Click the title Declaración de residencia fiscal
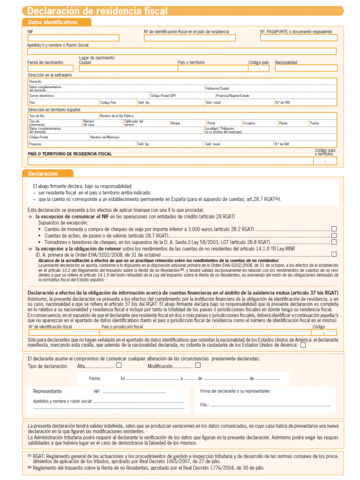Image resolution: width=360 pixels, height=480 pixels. pyautogui.click(x=97, y=11)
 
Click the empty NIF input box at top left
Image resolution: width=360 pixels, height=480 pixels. pyautogui.click(x=73, y=38)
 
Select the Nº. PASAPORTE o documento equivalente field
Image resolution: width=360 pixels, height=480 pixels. pyautogui.click(x=298, y=38)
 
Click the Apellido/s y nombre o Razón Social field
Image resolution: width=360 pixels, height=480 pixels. pyautogui.click(x=182, y=51)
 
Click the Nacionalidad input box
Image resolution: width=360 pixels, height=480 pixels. pyautogui.click(x=306, y=68)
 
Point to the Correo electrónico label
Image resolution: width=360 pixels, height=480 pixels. pyautogui.click(x=42, y=95)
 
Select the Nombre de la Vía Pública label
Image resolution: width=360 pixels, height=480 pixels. pyautogui.click(x=116, y=116)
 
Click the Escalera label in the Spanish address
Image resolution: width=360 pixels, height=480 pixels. pyautogui.click(x=249, y=123)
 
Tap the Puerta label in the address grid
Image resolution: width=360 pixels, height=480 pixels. pyautogui.click(x=314, y=123)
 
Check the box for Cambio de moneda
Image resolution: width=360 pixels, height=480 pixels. pyautogui.click(x=334, y=229)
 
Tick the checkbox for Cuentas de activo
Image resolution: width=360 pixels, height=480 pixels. pyautogui.click(x=334, y=235)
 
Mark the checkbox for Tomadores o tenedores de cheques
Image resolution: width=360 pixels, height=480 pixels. pyautogui.click(x=334, y=241)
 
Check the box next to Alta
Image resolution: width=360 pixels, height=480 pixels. pyautogui.click(x=118, y=366)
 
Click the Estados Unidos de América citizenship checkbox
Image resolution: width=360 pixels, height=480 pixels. pyautogui.click(x=303, y=345)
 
